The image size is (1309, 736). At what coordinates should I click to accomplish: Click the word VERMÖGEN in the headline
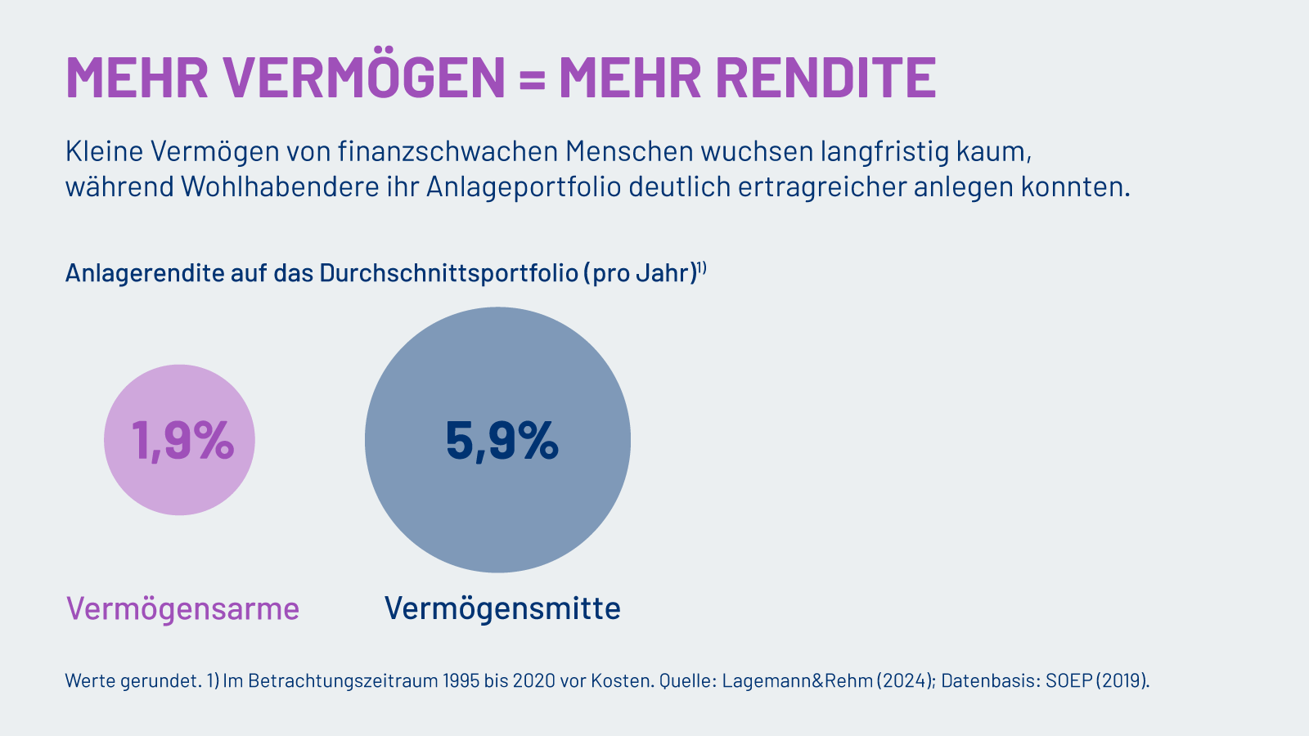pyautogui.click(x=364, y=78)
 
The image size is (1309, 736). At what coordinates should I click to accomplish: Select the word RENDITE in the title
pyautogui.click(x=825, y=78)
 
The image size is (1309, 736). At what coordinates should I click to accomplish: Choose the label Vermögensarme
pyautogui.click(x=182, y=608)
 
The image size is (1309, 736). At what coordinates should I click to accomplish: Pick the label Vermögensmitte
pyautogui.click(x=502, y=608)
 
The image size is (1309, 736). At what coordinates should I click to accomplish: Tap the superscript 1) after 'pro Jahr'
pyautogui.click(x=701, y=266)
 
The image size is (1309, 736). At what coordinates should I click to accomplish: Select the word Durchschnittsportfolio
pyautogui.click(x=449, y=272)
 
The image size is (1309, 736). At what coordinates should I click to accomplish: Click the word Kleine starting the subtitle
pyautogui.click(x=104, y=151)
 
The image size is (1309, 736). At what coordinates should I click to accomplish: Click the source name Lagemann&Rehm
pyautogui.click(x=797, y=680)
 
